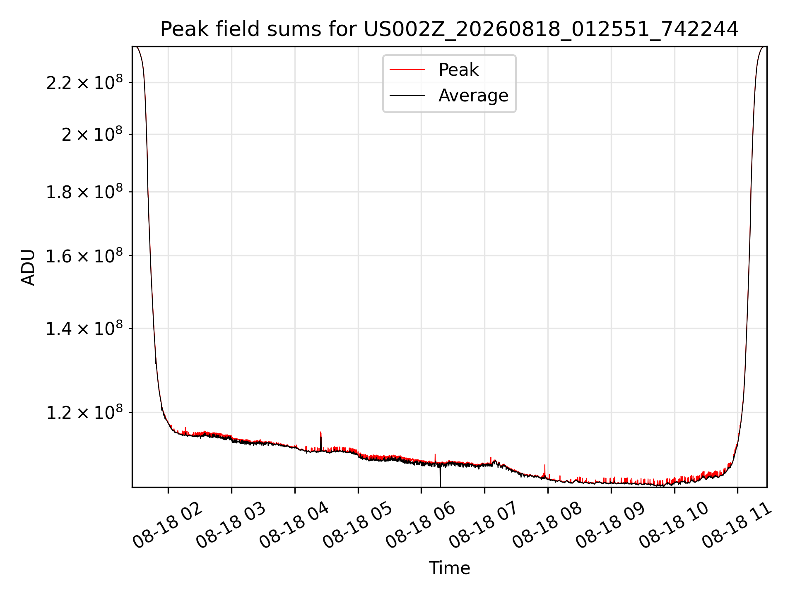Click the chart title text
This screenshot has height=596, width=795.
[x=449, y=29]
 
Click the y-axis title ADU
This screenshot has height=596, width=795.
[x=29, y=267]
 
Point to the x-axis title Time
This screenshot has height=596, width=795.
[x=449, y=568]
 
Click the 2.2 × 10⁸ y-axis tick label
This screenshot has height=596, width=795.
[x=84, y=83]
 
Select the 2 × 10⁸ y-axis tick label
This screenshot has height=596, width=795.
[x=92, y=135]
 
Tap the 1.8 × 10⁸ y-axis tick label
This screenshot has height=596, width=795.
[x=84, y=192]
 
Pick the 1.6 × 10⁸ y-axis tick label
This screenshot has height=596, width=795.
[x=84, y=256]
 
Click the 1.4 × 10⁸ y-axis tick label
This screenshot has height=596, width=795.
[x=84, y=329]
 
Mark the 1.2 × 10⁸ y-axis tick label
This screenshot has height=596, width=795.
[x=84, y=413]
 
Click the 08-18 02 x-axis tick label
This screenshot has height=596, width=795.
[x=168, y=525]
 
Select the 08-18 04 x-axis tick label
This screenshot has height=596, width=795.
[x=294, y=525]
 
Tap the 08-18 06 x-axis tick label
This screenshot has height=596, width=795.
[x=421, y=525]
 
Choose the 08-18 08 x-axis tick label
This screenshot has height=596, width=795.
[x=547, y=525]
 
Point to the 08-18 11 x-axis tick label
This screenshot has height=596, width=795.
[x=737, y=525]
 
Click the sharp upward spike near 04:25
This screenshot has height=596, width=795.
[x=321, y=440]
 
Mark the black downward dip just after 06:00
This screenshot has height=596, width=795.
[x=440, y=476]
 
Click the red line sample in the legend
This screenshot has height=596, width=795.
[x=407, y=70]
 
